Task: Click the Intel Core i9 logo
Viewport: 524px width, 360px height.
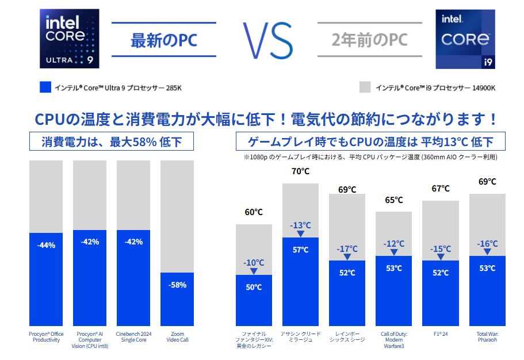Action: [466, 39]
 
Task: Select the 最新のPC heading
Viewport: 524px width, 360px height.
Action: [163, 40]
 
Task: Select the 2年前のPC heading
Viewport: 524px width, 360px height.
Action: [370, 40]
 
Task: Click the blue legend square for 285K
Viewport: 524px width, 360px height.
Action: [45, 87]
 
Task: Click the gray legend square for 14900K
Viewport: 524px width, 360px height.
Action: [365, 87]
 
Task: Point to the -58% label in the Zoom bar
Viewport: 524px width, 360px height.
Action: [177, 285]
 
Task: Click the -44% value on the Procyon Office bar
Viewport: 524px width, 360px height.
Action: [46, 245]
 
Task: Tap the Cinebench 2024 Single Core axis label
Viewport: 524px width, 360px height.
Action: [133, 336]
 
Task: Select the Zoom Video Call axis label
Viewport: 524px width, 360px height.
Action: [177, 336]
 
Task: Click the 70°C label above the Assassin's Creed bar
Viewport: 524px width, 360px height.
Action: [300, 171]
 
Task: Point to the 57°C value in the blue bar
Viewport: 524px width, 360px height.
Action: [300, 250]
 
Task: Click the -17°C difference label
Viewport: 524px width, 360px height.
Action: [347, 248]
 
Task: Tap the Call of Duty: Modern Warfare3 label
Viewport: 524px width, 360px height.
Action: [394, 339]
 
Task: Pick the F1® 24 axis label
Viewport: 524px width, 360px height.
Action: [441, 333]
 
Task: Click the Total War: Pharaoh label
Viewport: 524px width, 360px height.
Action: [487, 336]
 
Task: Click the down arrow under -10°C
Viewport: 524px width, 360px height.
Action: [254, 271]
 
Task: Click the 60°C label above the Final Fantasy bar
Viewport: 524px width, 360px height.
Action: [254, 212]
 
